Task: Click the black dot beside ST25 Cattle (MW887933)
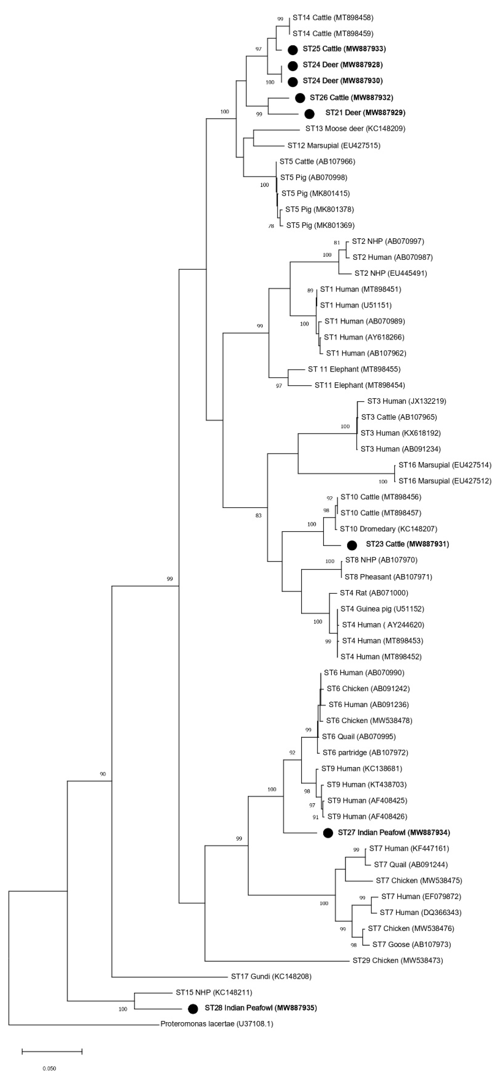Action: (x=293, y=50)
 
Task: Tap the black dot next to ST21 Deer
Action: (x=310, y=113)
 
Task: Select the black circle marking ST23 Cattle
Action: (x=352, y=545)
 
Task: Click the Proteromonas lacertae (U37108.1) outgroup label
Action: (x=217, y=1024)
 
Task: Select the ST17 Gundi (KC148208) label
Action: (x=271, y=976)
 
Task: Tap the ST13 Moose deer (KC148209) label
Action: (x=355, y=129)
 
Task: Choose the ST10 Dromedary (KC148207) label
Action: (x=388, y=529)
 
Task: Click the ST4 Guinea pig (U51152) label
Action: (x=382, y=609)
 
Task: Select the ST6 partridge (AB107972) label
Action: (x=365, y=752)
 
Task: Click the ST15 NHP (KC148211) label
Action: (x=214, y=992)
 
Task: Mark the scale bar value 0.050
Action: (x=49, y=1069)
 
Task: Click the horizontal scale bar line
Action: (x=52, y=1051)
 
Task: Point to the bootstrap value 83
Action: (x=258, y=515)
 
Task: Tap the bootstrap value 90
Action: (x=103, y=774)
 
